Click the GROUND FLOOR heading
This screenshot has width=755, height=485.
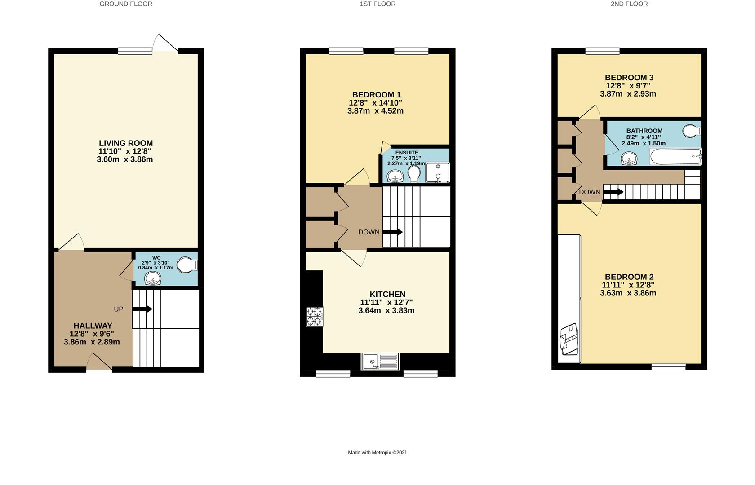126,4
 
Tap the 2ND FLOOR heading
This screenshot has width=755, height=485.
629,4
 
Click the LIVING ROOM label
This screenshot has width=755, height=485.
126,143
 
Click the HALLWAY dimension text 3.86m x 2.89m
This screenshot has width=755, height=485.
92,342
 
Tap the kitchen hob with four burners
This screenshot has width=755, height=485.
315,316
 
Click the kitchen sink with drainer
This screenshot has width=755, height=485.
380,361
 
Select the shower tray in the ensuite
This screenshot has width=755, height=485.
437,173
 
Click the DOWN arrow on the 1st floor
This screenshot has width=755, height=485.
392,232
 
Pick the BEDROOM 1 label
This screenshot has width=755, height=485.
376,95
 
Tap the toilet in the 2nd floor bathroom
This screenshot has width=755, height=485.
691,131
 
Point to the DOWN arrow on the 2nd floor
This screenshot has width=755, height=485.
613,192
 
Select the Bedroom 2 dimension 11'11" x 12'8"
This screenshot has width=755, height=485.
628,285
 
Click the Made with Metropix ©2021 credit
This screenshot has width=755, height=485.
377,452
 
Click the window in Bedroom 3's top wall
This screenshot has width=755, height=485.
602,51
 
